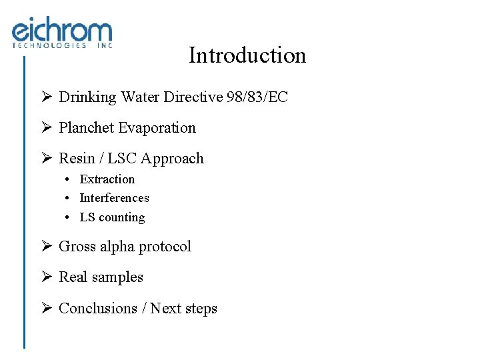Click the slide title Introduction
point(247,55)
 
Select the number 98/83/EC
point(257,97)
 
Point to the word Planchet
point(85,128)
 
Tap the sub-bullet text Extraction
point(107,179)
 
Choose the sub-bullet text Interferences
point(114,198)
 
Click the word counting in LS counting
point(121,217)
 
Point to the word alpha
point(117,247)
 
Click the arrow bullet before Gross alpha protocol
point(47,247)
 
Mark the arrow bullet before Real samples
point(47,277)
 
